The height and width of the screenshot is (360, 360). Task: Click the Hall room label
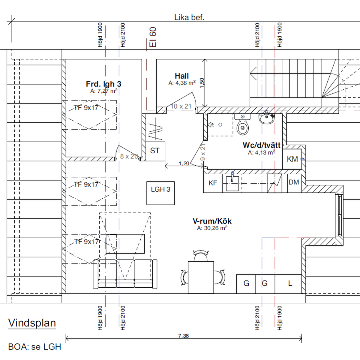click(181, 76)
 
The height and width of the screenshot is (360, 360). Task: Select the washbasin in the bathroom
click(267, 118)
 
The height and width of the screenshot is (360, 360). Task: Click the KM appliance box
click(292, 159)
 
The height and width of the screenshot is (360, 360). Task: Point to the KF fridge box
click(213, 183)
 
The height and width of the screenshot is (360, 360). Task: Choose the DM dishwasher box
click(294, 183)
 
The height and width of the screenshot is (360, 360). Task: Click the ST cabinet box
click(155, 151)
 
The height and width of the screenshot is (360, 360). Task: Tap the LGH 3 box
click(160, 193)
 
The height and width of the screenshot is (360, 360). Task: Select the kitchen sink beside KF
click(232, 184)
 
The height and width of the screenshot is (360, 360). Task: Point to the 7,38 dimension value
click(184, 336)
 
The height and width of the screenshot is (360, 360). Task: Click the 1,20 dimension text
click(184, 163)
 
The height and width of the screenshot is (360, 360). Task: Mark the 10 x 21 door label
click(181, 106)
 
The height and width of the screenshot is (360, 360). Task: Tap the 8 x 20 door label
click(129, 156)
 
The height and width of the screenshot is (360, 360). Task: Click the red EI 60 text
click(153, 37)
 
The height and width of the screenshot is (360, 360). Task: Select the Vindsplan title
click(32, 323)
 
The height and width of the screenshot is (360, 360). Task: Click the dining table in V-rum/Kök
click(201, 277)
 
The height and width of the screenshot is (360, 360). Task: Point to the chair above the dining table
click(201, 256)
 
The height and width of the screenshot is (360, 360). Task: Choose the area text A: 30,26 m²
click(212, 228)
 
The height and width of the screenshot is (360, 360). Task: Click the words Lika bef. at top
click(189, 18)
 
